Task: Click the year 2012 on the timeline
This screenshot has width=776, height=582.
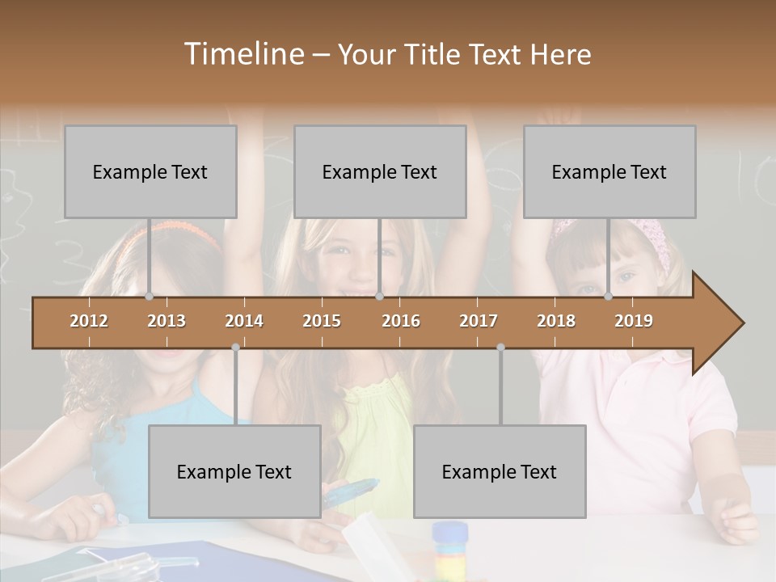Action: click(x=89, y=321)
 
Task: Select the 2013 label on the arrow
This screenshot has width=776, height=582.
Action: click(x=167, y=321)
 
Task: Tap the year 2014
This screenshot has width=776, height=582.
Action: click(x=244, y=321)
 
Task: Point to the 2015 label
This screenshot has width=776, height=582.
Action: click(x=322, y=321)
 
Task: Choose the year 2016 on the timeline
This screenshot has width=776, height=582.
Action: click(x=401, y=321)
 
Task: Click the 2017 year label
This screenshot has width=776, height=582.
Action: click(x=479, y=321)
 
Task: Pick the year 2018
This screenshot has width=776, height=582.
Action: click(x=556, y=321)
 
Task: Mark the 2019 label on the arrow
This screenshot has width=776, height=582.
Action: click(x=634, y=321)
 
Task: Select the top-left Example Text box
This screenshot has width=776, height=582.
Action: click(x=150, y=171)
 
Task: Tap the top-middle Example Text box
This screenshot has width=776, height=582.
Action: click(x=380, y=171)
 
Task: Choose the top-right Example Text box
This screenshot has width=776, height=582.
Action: click(x=609, y=171)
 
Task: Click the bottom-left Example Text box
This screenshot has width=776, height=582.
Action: click(x=234, y=471)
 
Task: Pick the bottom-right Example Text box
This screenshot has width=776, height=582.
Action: click(x=500, y=471)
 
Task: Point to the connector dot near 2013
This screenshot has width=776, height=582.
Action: click(x=150, y=296)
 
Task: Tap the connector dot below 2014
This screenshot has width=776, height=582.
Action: click(x=235, y=347)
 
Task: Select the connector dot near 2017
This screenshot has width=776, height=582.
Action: click(x=500, y=347)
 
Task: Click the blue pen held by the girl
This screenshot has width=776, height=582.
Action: click(x=352, y=491)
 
